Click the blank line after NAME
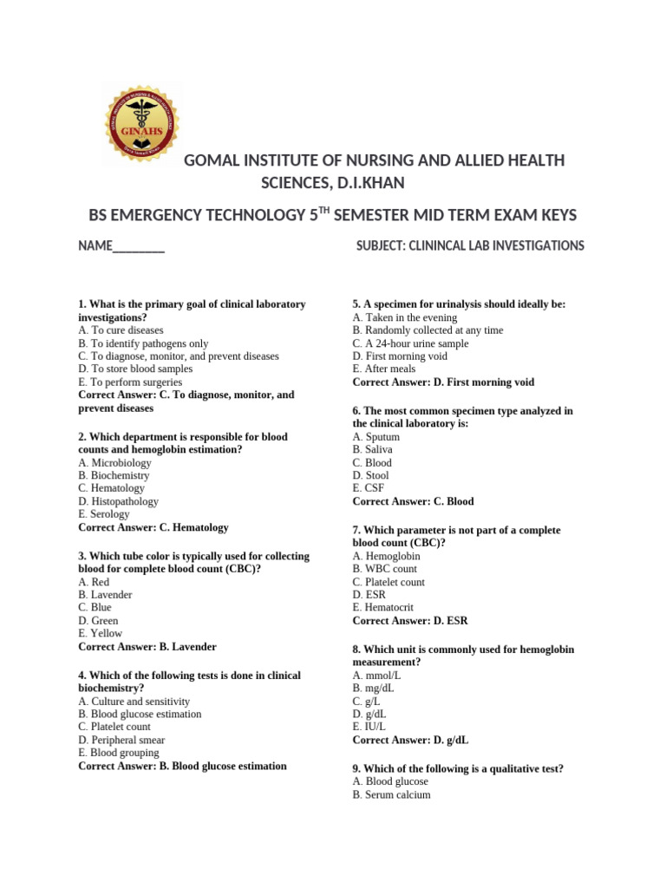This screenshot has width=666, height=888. click(139, 247)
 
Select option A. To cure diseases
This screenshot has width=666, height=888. click(121, 330)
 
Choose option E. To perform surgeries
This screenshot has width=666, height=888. click(130, 382)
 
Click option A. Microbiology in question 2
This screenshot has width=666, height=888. click(114, 463)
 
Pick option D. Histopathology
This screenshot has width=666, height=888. click(119, 501)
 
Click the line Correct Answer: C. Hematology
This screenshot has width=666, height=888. click(153, 527)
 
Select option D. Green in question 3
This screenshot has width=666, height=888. click(98, 621)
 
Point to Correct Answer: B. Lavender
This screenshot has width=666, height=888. click(147, 647)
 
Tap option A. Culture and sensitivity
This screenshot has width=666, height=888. click(134, 702)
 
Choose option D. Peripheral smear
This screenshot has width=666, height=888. click(121, 741)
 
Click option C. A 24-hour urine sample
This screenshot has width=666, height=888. click(410, 343)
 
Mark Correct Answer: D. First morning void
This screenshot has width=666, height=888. click(443, 382)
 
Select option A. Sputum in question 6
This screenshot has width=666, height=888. click(376, 437)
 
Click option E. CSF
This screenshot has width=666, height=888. click(369, 488)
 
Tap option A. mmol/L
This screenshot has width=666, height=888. click(377, 676)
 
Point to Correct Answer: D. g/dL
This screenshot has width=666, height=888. click(410, 741)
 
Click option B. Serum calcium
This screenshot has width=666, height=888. click(391, 794)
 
